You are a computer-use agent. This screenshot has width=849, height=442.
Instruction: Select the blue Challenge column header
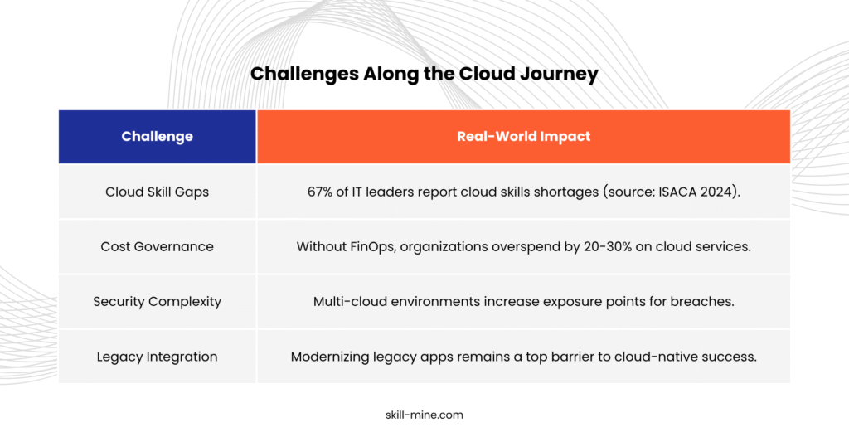157,137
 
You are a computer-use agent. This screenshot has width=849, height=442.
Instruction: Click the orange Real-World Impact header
524,137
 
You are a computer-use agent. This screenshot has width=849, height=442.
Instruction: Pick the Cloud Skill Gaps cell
157,192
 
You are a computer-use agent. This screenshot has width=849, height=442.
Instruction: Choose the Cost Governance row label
157,246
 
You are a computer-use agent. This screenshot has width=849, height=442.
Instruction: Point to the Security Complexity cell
157,302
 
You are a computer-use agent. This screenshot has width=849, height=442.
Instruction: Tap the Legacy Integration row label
157,357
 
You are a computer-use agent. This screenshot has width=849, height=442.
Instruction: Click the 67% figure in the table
319,192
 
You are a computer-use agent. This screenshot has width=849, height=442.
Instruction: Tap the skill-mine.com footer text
424,415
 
